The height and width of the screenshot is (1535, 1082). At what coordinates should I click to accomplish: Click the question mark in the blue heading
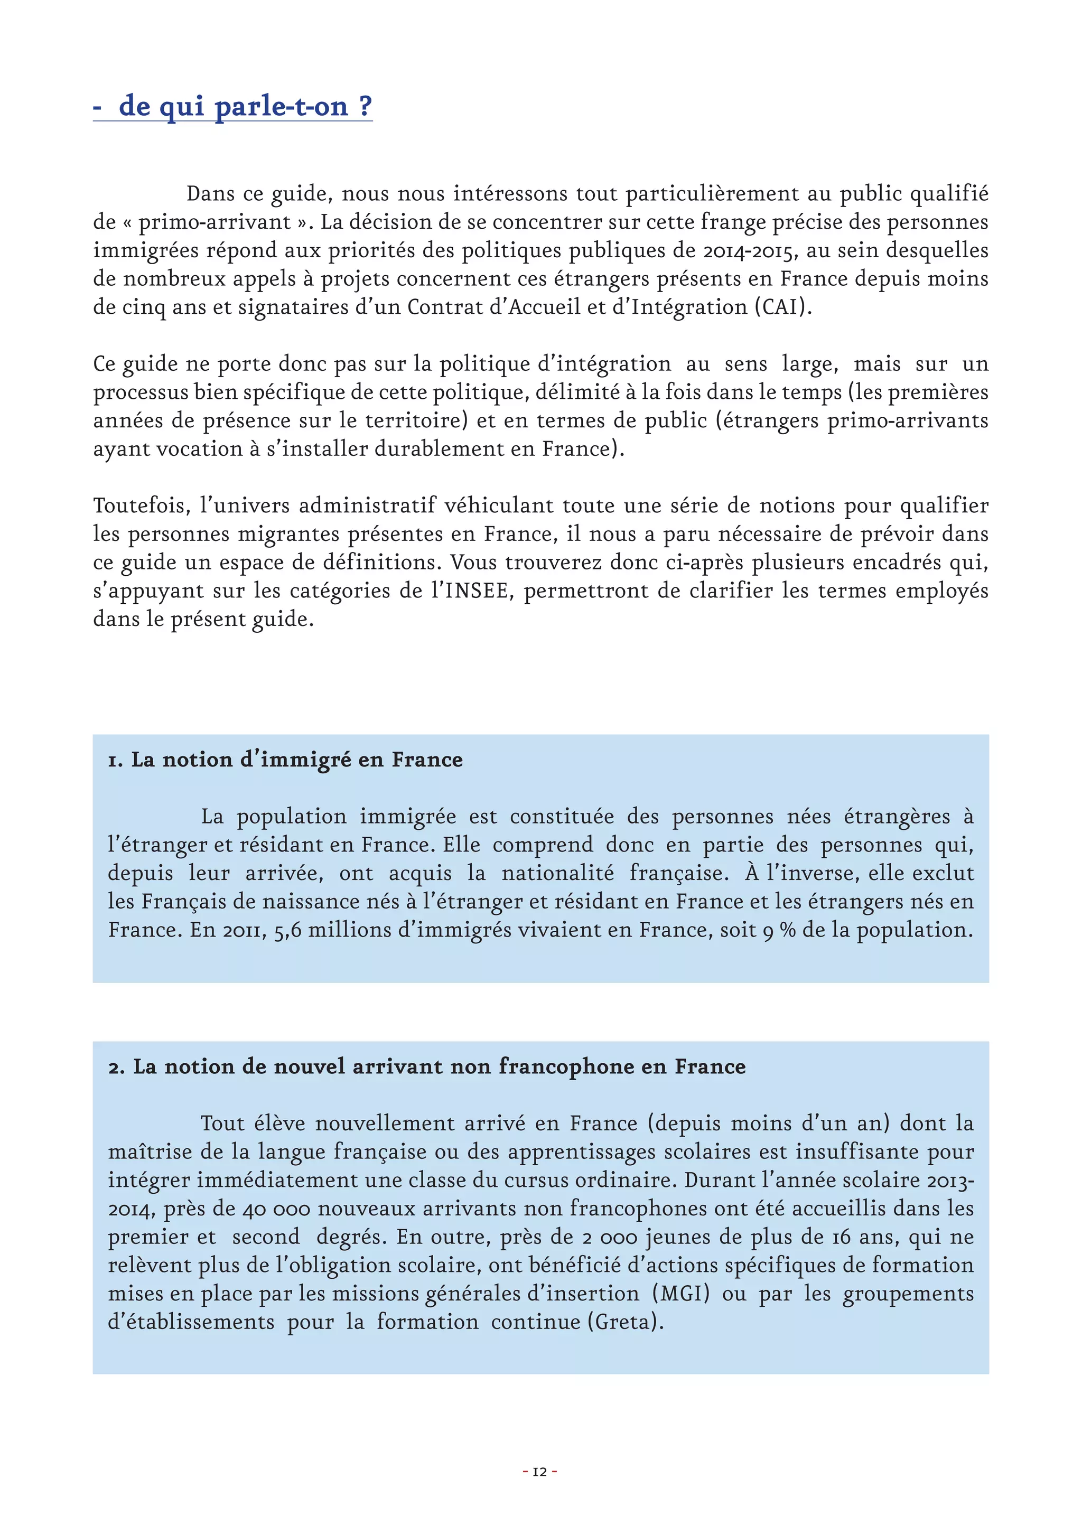click(365, 106)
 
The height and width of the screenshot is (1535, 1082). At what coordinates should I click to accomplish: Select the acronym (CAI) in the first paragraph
click(783, 307)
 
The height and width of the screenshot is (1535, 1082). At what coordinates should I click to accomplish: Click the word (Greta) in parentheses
click(625, 1322)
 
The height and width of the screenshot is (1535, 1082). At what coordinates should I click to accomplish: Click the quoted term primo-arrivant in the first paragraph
click(214, 222)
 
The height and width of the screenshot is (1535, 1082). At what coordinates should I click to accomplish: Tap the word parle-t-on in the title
click(282, 106)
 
